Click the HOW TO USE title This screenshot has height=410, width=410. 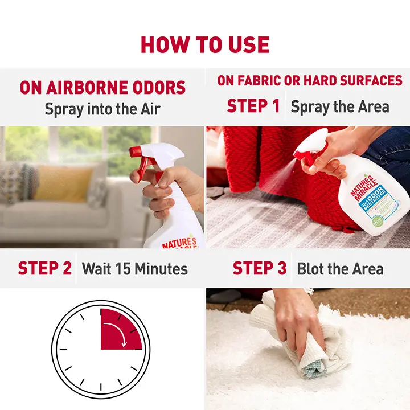(205, 44)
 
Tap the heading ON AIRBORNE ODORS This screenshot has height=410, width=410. (102, 88)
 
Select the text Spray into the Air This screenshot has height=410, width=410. (102, 109)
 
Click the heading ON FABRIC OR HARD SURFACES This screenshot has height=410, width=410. (310, 81)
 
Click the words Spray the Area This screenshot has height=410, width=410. (340, 106)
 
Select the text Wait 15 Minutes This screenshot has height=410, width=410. (135, 268)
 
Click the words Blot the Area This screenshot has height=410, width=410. (340, 268)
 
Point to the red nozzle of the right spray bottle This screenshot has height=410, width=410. (301, 153)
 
